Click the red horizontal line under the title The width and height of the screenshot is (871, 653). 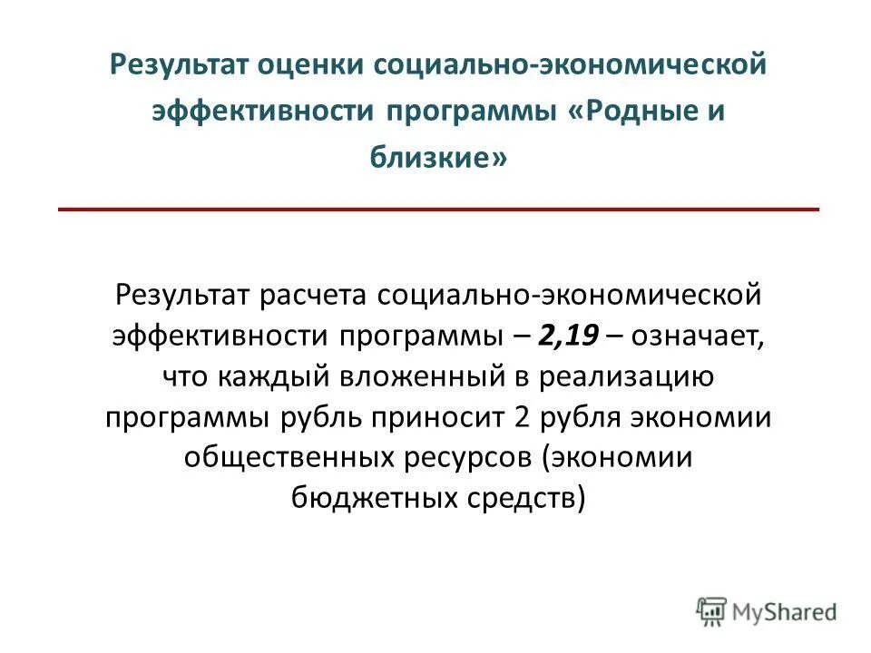coord(438,210)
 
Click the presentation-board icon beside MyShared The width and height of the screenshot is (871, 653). coord(711,611)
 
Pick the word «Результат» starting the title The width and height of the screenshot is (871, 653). coord(173,65)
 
